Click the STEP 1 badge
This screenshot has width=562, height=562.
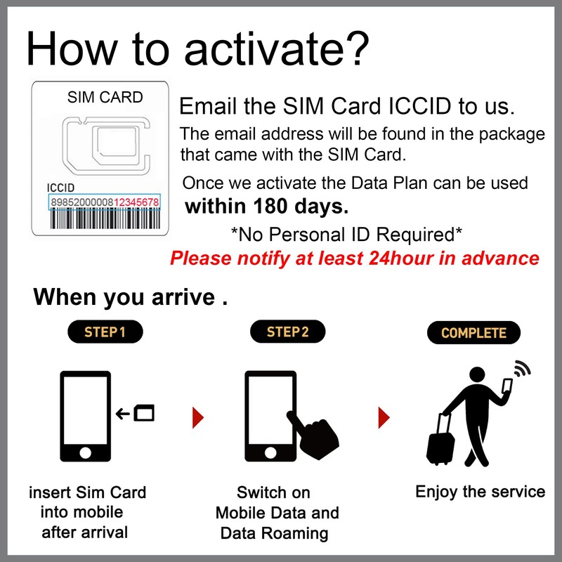point(105,332)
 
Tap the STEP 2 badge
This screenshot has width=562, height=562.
point(287,332)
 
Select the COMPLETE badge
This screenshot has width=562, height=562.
point(473,332)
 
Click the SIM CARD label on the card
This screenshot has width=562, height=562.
point(105,98)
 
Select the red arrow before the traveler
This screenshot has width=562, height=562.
point(384,417)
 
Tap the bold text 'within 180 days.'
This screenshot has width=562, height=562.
point(266,207)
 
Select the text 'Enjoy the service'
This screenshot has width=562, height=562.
point(480,491)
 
